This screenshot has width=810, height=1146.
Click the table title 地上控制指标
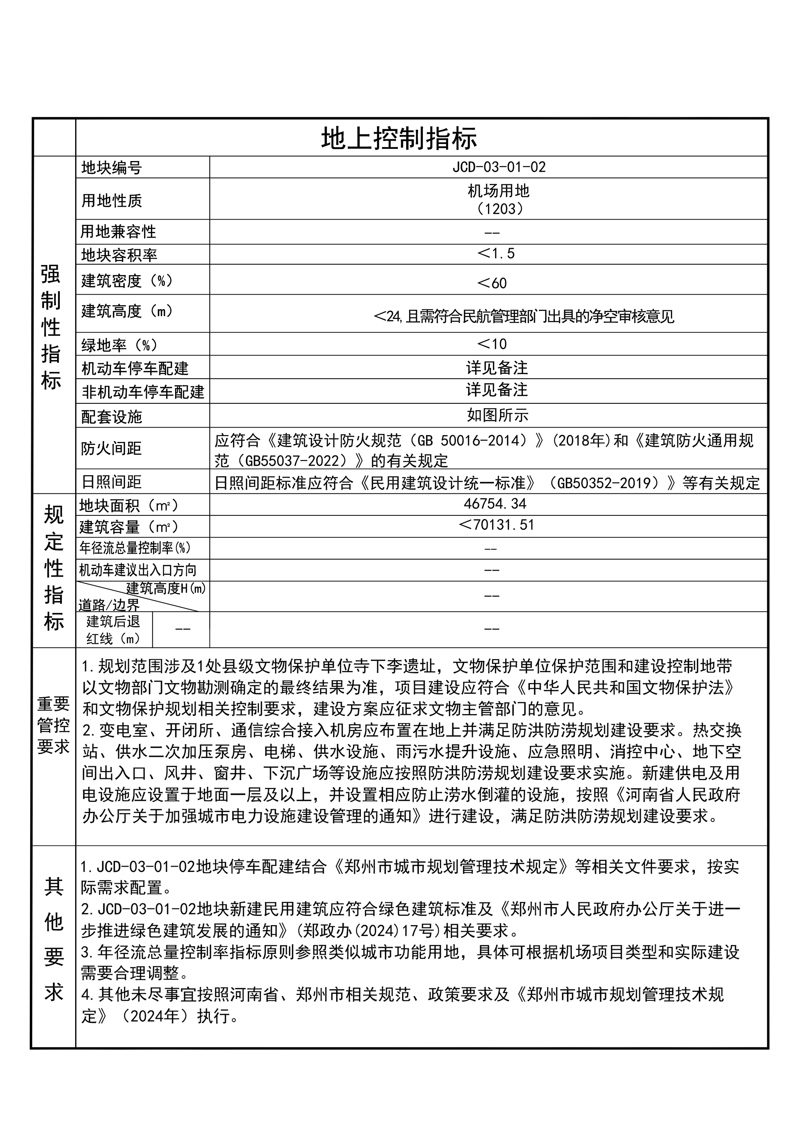tap(399, 138)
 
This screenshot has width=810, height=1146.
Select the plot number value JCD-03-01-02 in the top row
tap(499, 167)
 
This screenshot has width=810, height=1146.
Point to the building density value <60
tap(492, 283)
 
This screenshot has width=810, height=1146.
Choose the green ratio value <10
tap(492, 344)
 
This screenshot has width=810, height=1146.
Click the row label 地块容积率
tap(119, 255)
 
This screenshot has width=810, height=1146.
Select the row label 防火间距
tap(111, 448)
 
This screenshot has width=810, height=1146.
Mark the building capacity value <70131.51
tap(496, 525)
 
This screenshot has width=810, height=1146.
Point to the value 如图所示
tap(497, 415)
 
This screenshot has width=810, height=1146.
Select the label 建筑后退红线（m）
tap(113, 630)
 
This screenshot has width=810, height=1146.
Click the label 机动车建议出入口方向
tap(138, 570)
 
